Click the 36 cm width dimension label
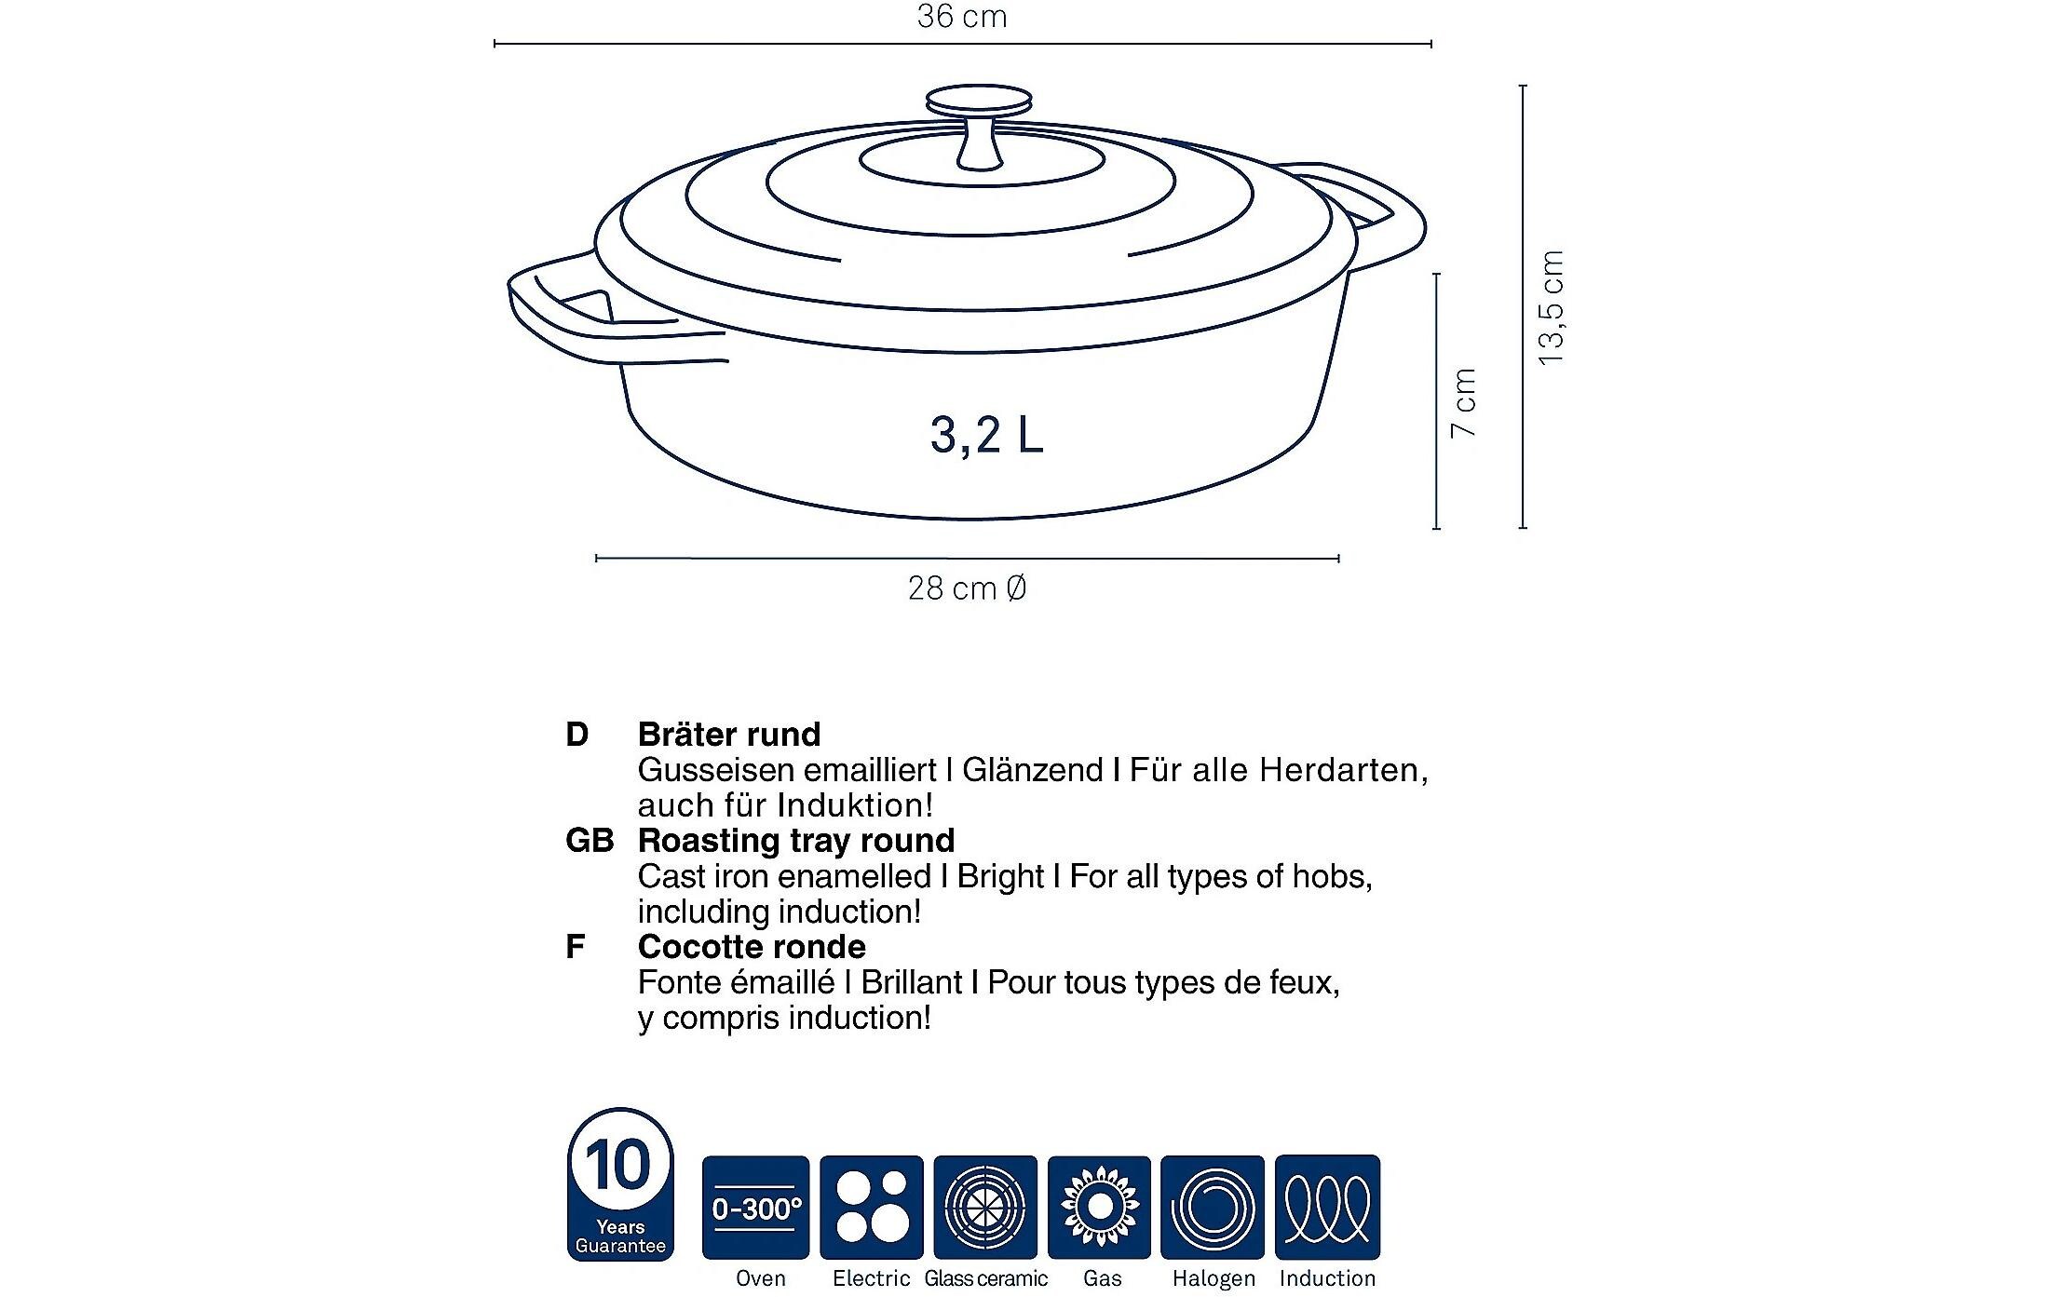click(x=962, y=17)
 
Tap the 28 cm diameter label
click(x=967, y=588)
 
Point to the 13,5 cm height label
click(x=1551, y=307)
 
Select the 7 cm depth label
click(x=1463, y=402)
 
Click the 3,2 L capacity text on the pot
click(x=986, y=434)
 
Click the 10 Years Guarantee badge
click(x=619, y=1184)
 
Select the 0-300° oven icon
click(x=755, y=1208)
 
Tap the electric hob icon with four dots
click(x=871, y=1208)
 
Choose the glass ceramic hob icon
click(x=985, y=1208)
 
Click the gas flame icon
click(x=1100, y=1208)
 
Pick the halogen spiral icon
click(x=1213, y=1208)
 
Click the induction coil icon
click(x=1327, y=1208)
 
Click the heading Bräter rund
click(x=729, y=735)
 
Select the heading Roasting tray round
click(x=796, y=841)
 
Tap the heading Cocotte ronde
click(x=752, y=947)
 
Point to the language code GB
click(x=590, y=841)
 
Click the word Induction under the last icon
click(x=1327, y=1278)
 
